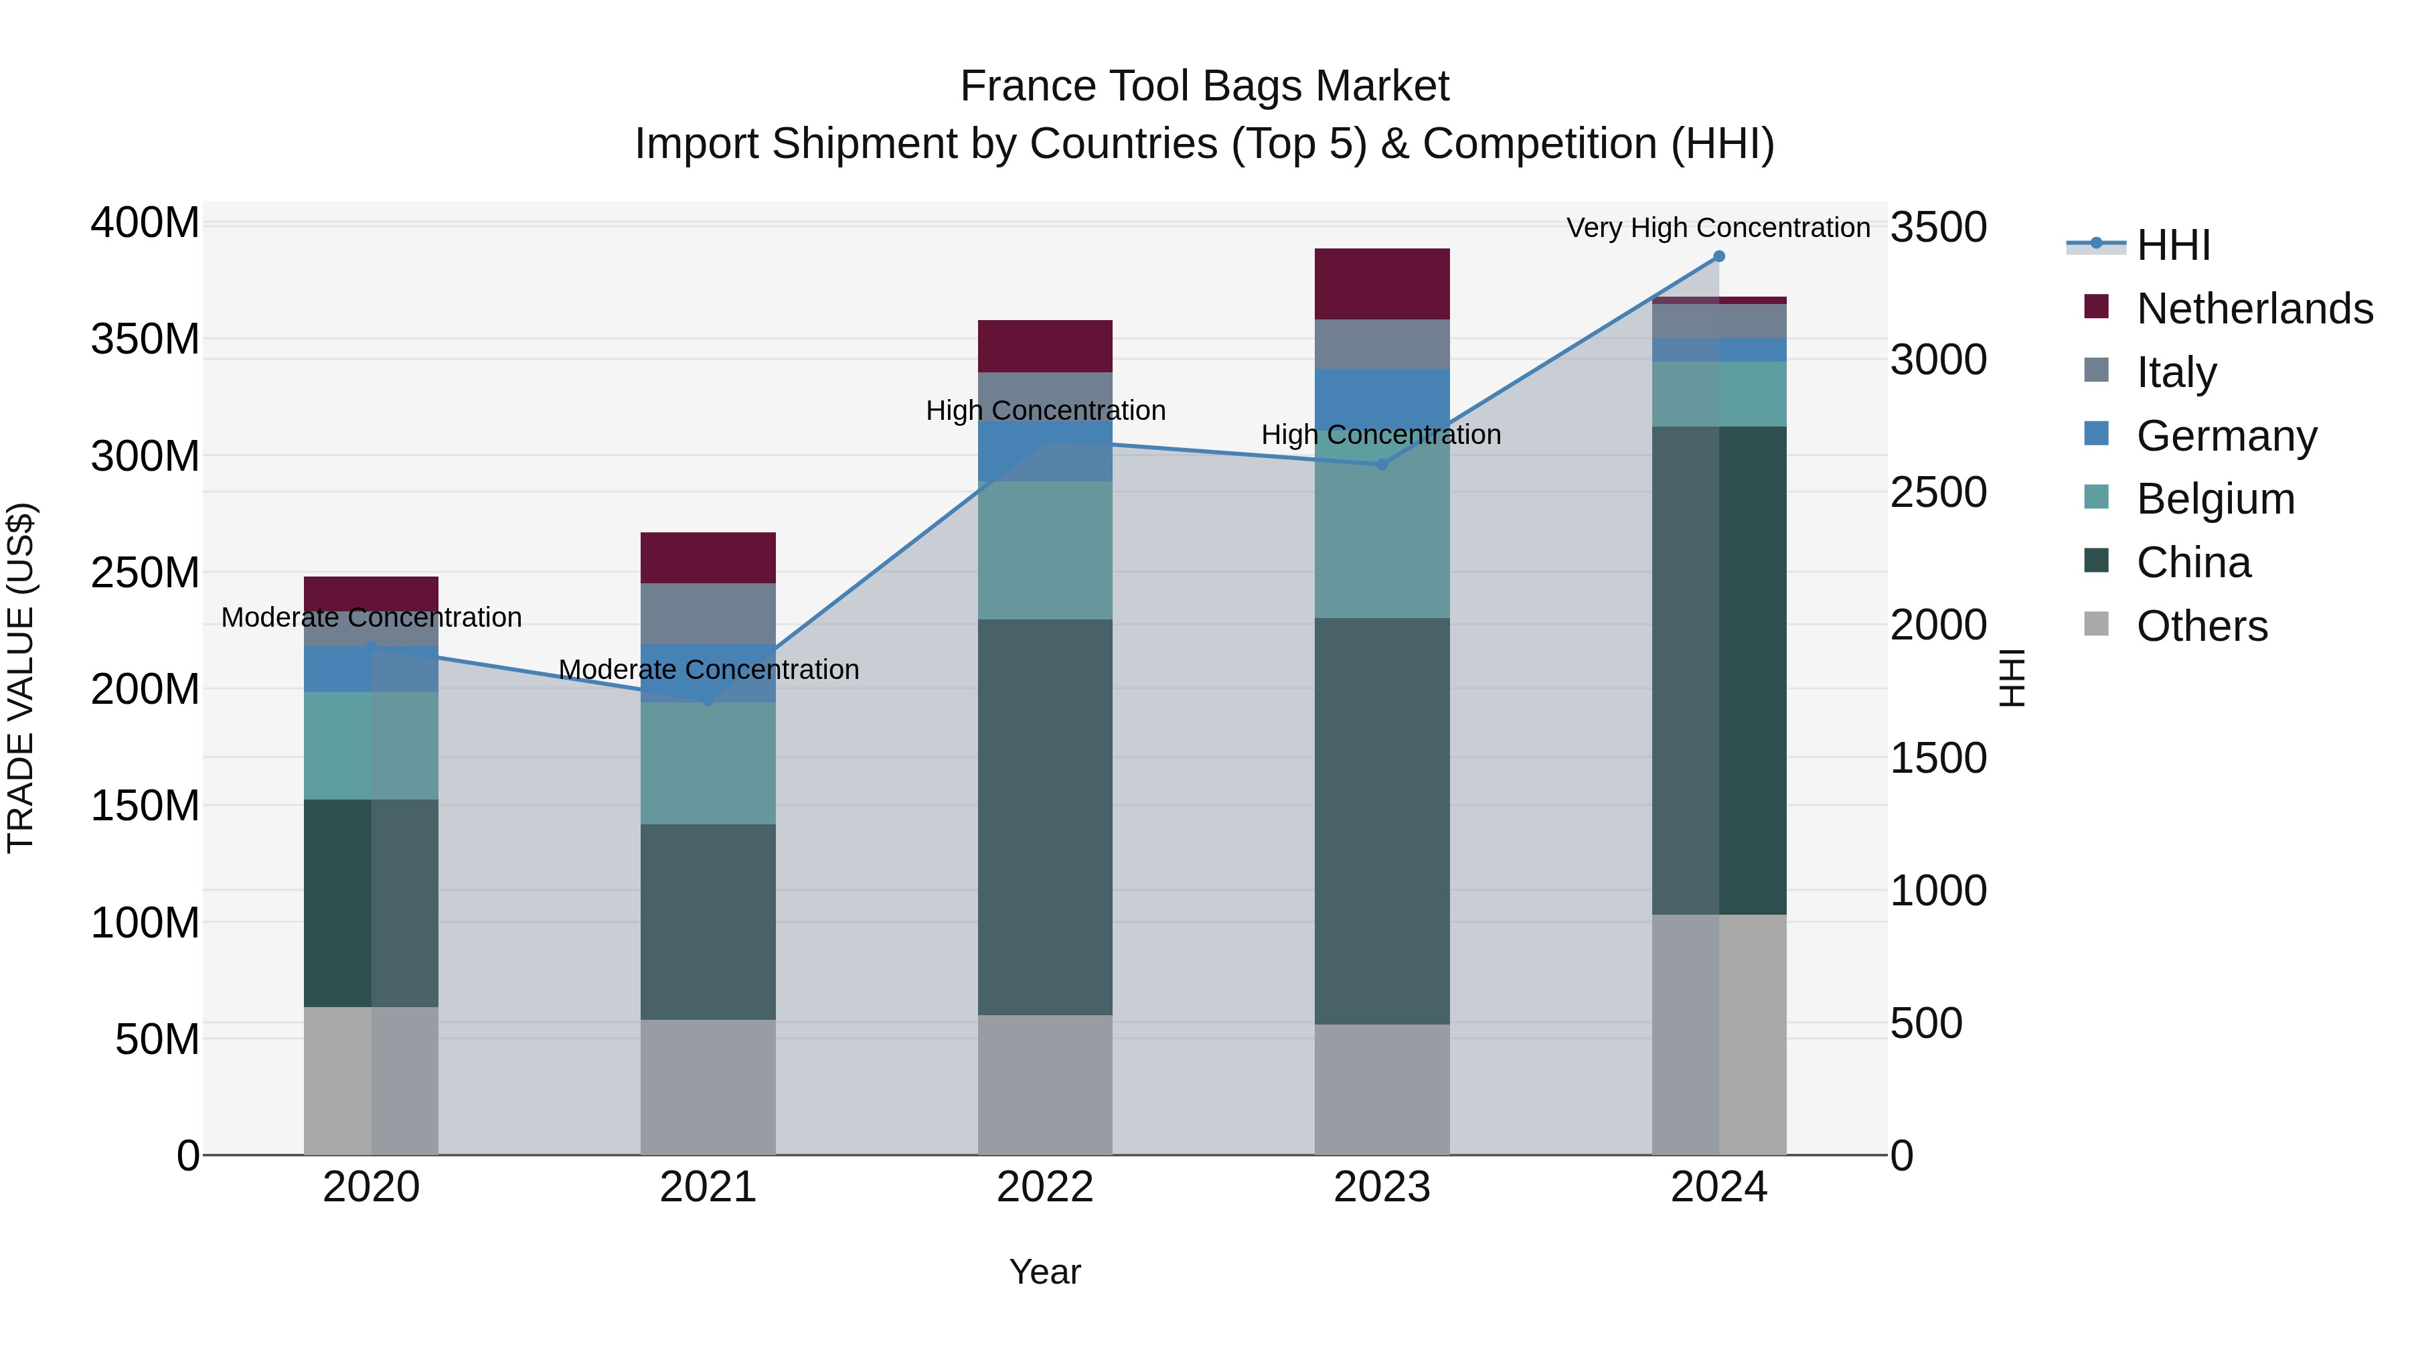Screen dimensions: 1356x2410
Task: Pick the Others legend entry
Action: click(x=2201, y=626)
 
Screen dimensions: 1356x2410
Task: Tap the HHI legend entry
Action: click(x=2173, y=245)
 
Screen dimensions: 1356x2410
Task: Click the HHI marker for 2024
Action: click(x=1718, y=256)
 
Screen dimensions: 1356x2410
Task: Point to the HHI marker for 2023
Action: click(x=1382, y=464)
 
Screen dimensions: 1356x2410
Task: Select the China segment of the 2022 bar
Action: click(x=1045, y=817)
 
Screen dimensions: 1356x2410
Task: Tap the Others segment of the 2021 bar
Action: click(x=708, y=1087)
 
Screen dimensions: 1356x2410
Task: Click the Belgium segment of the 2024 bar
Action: click(x=1718, y=394)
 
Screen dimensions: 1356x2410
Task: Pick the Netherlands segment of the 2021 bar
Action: click(x=708, y=558)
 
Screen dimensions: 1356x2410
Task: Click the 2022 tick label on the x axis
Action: click(x=1045, y=1187)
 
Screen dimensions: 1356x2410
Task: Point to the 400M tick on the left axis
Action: click(x=145, y=224)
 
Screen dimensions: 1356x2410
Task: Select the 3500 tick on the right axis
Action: click(x=1939, y=228)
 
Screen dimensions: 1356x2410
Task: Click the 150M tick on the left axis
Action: click(x=145, y=806)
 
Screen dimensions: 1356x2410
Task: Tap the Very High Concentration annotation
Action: click(x=1718, y=228)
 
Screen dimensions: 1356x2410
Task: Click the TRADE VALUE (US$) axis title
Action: click(x=21, y=678)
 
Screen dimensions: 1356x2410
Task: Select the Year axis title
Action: click(x=1045, y=1272)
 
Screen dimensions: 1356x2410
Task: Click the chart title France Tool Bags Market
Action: click(x=1204, y=86)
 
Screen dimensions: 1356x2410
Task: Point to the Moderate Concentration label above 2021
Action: click(x=708, y=670)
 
